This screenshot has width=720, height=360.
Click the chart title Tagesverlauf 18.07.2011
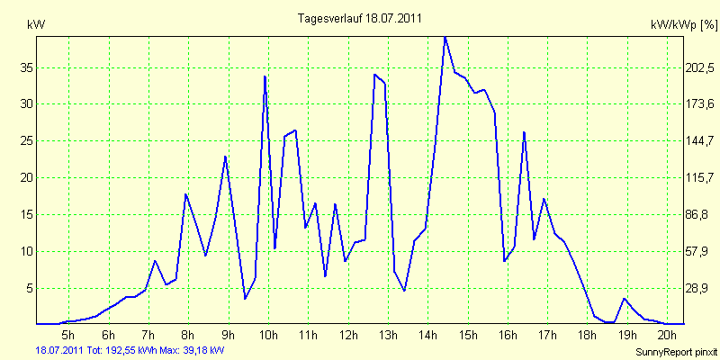point(359,17)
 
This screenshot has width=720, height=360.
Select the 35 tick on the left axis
point(27,67)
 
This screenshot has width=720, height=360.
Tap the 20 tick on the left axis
point(27,177)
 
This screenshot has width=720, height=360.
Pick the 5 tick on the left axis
point(30,288)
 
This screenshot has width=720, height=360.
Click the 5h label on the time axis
point(68,335)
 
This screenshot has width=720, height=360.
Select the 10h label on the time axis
point(268,335)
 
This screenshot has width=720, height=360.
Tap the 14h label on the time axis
point(427,335)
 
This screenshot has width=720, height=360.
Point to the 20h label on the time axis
point(667,335)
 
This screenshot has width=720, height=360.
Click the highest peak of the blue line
point(445,37)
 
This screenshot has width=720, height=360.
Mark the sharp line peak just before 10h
point(265,76)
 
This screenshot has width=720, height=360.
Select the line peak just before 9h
point(225,157)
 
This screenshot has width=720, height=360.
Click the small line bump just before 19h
point(625,298)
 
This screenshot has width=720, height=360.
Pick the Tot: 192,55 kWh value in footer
point(120,349)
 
